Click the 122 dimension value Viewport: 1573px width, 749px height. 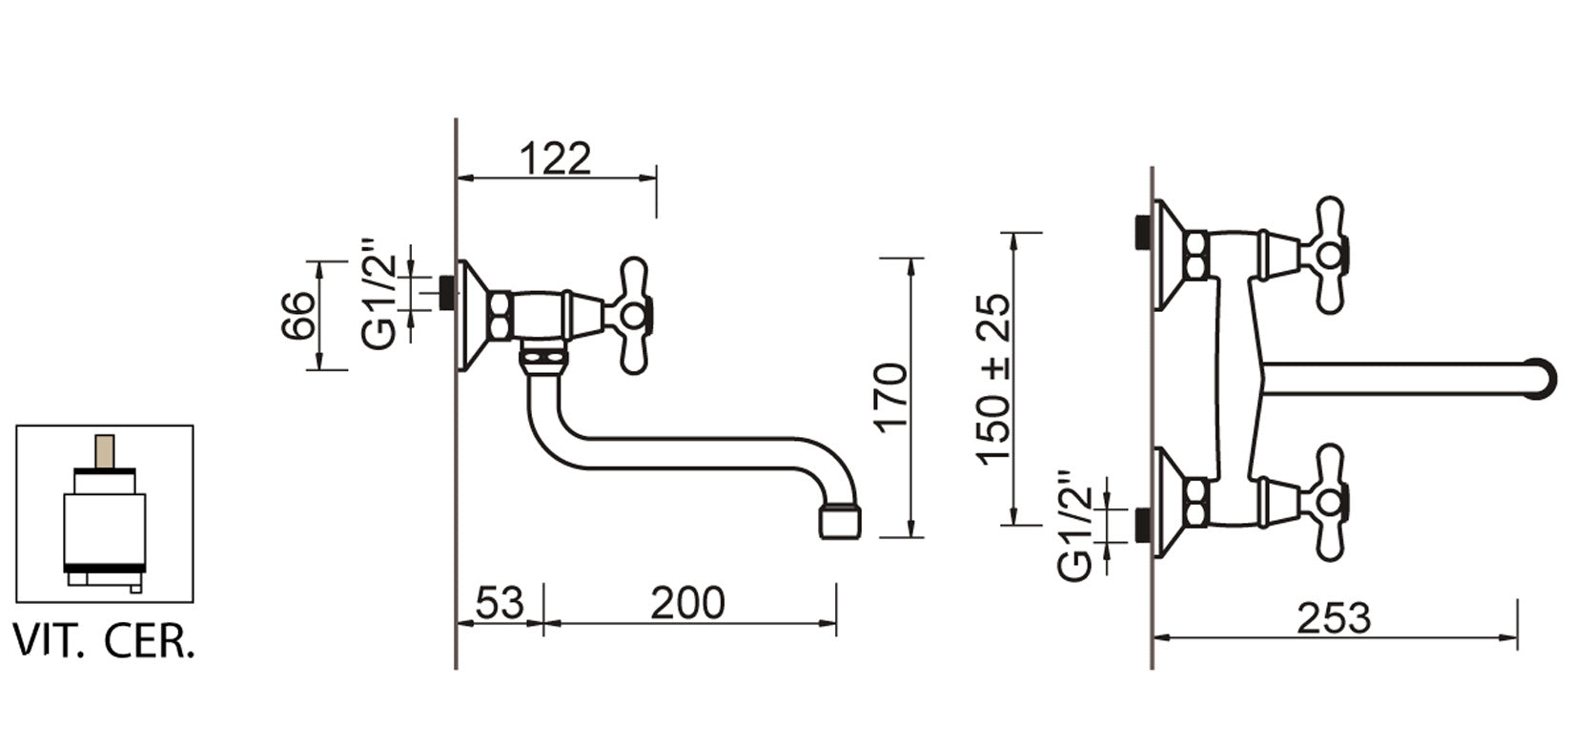556,158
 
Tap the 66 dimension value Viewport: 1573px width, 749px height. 297,316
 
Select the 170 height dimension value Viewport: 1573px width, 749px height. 891,398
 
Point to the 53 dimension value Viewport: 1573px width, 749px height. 500,603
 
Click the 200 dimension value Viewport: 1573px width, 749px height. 687,603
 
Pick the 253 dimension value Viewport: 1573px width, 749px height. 1334,618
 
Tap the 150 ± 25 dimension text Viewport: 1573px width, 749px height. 993,380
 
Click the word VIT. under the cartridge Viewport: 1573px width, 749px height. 49,641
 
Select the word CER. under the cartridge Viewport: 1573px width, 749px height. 149,641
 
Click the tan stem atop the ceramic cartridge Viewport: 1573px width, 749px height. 105,452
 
